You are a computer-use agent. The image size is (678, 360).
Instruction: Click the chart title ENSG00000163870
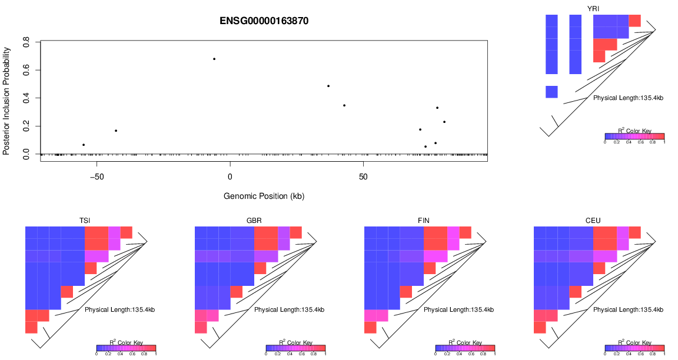pyautogui.click(x=264, y=21)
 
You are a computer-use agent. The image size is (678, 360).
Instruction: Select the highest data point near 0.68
pyautogui.click(x=214, y=59)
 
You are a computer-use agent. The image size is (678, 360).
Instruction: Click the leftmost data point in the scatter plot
pyautogui.click(x=84, y=145)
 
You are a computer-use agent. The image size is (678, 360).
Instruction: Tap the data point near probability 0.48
pyautogui.click(x=328, y=86)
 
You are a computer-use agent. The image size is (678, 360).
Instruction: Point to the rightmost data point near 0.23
pyautogui.click(x=444, y=122)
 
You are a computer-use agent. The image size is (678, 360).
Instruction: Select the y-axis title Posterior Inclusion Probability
pyautogui.click(x=6, y=98)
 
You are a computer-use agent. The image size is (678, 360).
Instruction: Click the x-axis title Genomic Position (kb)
pyautogui.click(x=264, y=196)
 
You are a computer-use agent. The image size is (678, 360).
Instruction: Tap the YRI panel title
pyautogui.click(x=593, y=8)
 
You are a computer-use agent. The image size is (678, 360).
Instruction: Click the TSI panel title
pyautogui.click(x=85, y=221)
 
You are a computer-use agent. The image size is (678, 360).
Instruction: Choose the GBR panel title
pyautogui.click(x=254, y=221)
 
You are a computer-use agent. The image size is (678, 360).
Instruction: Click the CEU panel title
pyautogui.click(x=593, y=221)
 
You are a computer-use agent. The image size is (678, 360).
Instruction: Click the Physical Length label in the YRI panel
pyautogui.click(x=628, y=98)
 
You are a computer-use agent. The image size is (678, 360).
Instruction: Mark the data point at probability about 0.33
pyautogui.click(x=437, y=108)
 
